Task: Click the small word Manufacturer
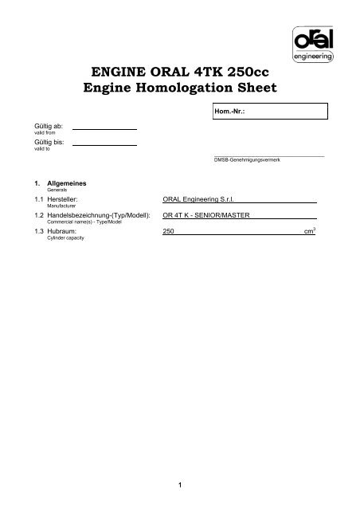pyautogui.click(x=50, y=206)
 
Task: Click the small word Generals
pyautogui.click(x=45, y=189)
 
